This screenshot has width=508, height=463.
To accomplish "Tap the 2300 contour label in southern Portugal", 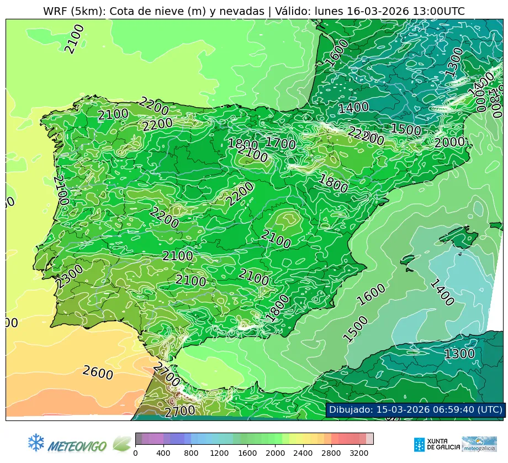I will (70, 276).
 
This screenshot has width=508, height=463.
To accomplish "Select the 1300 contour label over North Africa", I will (459, 354).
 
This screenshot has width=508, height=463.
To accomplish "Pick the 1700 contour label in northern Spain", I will (281, 143).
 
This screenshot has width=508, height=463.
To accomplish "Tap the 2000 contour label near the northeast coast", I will (449, 143).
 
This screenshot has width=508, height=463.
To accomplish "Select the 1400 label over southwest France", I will (353, 108).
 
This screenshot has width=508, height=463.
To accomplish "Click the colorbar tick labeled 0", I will (135, 453).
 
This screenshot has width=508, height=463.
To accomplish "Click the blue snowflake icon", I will (36, 442).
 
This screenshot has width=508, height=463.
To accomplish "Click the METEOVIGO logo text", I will (77, 445).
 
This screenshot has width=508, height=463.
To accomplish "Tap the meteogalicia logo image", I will (479, 444).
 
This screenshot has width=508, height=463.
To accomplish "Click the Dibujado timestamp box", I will (415, 409).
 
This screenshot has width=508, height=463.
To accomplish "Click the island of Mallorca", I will (458, 238).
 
